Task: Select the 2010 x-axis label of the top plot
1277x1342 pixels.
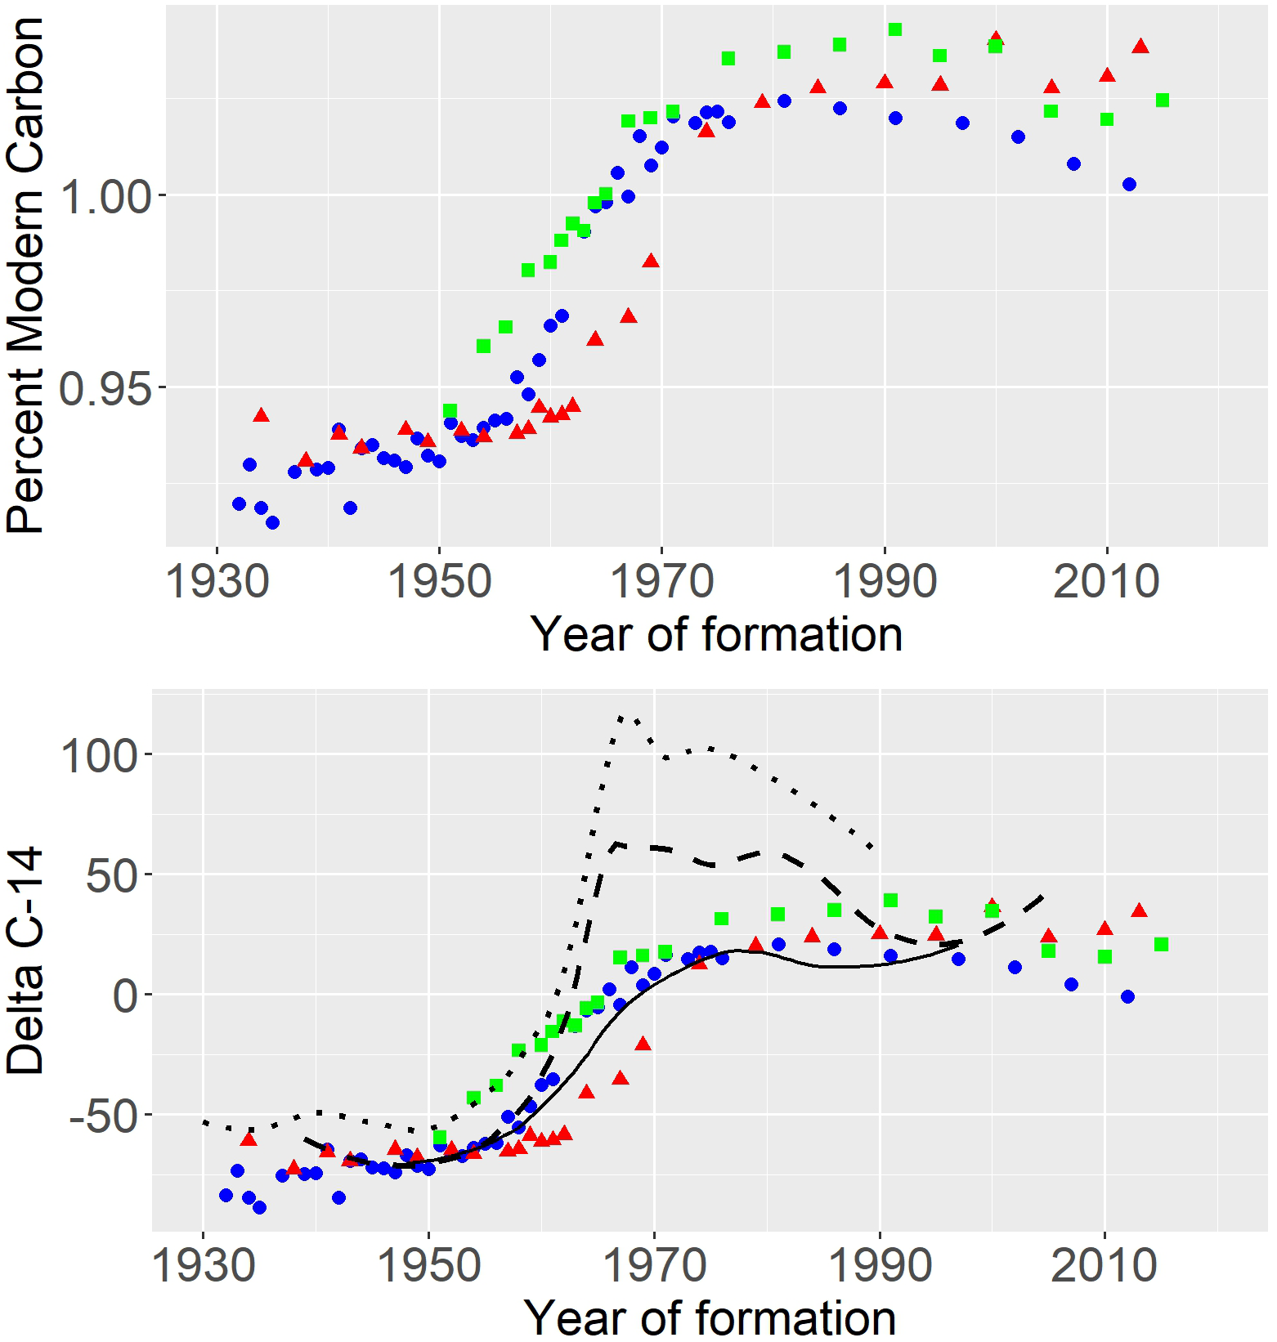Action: [x=1106, y=582]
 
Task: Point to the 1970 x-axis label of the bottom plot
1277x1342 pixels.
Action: [x=654, y=1266]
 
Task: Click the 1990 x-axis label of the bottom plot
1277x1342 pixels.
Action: [x=880, y=1266]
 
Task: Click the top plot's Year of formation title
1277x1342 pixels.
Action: [x=716, y=635]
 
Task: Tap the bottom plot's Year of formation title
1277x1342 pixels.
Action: [x=710, y=1317]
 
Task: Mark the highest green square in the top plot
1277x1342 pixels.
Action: [x=895, y=29]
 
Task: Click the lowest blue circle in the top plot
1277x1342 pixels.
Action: [x=272, y=522]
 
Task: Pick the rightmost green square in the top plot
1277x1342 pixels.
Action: [x=1162, y=100]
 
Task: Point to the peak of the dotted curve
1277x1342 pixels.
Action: [x=621, y=717]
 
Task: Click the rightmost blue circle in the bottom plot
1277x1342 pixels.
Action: [x=1127, y=996]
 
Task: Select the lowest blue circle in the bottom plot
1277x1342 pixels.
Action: [x=259, y=1207]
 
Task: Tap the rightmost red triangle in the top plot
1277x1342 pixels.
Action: [x=1140, y=47]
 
